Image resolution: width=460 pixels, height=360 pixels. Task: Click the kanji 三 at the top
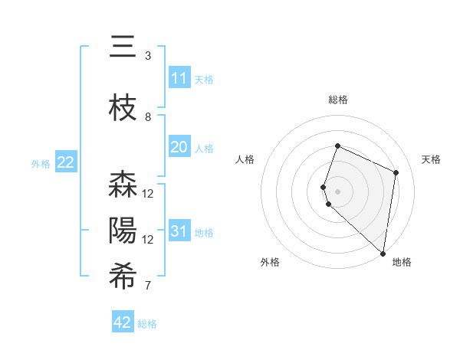pyautogui.click(x=123, y=47)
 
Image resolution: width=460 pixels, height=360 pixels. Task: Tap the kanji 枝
pyautogui.click(x=123, y=108)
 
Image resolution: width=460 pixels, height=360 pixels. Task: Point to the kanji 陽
pyautogui.click(x=123, y=231)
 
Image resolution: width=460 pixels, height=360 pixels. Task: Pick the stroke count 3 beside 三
pyautogui.click(x=148, y=56)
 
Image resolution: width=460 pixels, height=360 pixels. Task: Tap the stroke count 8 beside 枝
pyautogui.click(x=148, y=117)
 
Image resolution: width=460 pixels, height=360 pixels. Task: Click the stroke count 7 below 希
pyautogui.click(x=148, y=286)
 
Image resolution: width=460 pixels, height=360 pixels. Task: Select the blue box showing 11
pyautogui.click(x=179, y=78)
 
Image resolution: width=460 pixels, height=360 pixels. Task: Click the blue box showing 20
pyautogui.click(x=179, y=147)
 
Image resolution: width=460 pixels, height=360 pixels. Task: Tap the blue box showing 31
pyautogui.click(x=179, y=231)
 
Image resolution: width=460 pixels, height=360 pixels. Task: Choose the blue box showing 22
pyautogui.click(x=65, y=162)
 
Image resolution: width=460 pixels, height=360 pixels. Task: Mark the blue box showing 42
pyautogui.click(x=123, y=322)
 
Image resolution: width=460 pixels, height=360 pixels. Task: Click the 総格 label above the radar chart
pyautogui.click(x=338, y=100)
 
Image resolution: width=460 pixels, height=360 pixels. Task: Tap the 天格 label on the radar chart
pyautogui.click(x=431, y=159)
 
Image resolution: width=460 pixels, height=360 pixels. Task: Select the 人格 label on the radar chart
pyautogui.click(x=245, y=159)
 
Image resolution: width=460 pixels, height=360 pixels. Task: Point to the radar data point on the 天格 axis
pyautogui.click(x=396, y=172)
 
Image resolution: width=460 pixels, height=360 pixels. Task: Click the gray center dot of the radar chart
pyautogui.click(x=337, y=191)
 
